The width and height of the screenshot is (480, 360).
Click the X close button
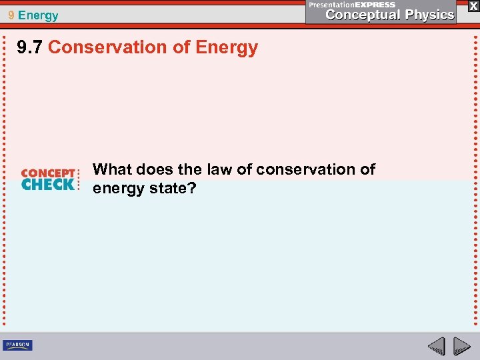pyautogui.click(x=473, y=5)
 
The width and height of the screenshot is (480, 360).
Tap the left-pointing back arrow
pyautogui.click(x=436, y=346)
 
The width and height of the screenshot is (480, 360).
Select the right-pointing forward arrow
pyautogui.click(x=462, y=346)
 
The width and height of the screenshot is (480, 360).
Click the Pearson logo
pyautogui.click(x=17, y=345)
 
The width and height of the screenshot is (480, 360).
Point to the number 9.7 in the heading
pyautogui.click(x=31, y=48)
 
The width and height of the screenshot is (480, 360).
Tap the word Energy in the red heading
pyautogui.click(x=227, y=48)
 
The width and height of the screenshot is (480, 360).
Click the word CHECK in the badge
pyautogui.click(x=48, y=185)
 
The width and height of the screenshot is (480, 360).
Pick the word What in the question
pyautogui.click(x=113, y=169)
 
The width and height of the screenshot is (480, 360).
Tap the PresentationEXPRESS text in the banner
pyautogui.click(x=352, y=4)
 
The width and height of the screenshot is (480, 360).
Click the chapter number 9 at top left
pyautogui.click(x=11, y=15)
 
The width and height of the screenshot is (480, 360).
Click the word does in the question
pyautogui.click(x=156, y=169)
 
